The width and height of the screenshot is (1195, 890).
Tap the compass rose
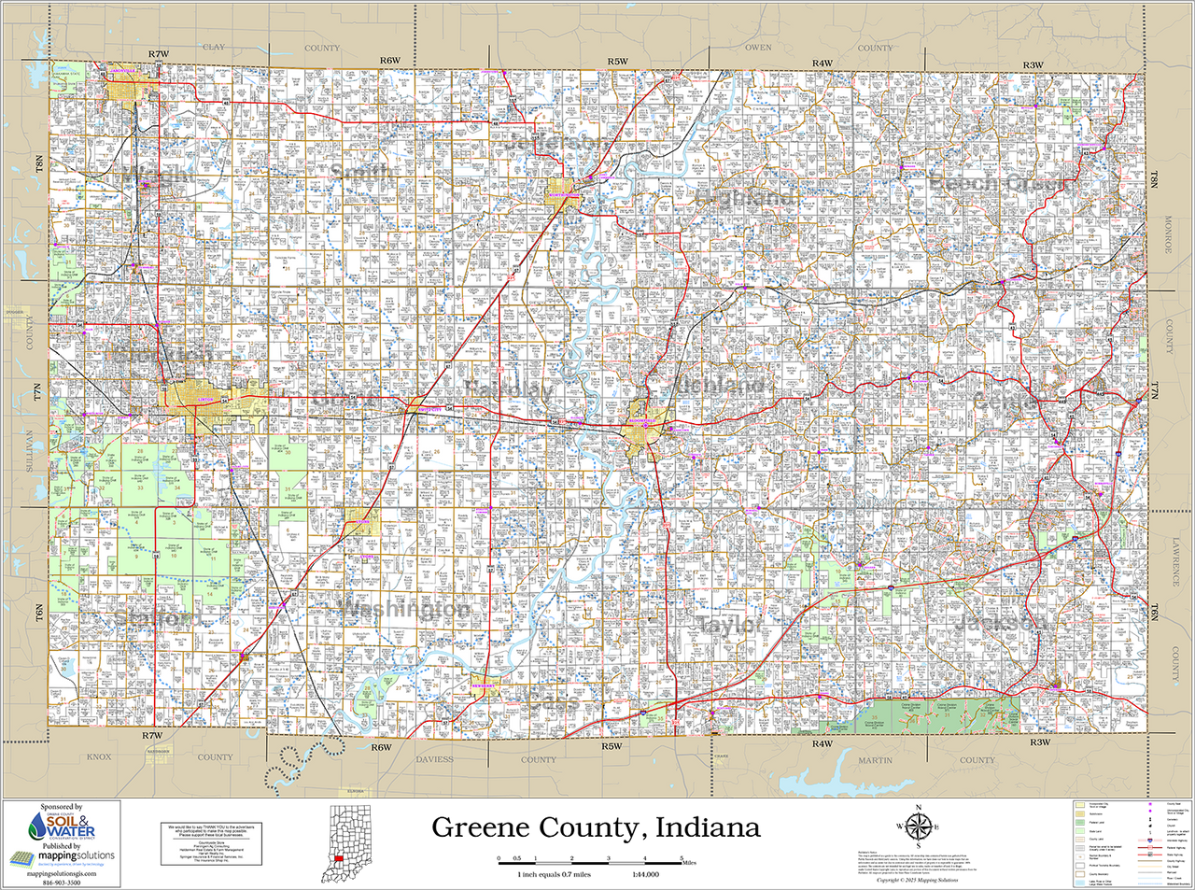click(x=918, y=826)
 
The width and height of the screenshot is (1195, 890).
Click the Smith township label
click(x=361, y=173)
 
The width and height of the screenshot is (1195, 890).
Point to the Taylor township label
click(x=729, y=625)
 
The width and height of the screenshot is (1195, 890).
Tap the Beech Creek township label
click(x=1001, y=184)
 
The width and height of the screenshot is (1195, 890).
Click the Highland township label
click(x=744, y=197)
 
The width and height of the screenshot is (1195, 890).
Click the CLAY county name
click(x=214, y=47)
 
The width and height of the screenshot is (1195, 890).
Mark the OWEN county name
click(x=758, y=47)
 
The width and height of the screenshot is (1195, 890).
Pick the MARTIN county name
click(x=875, y=760)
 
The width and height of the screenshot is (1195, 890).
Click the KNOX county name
click(x=98, y=757)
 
